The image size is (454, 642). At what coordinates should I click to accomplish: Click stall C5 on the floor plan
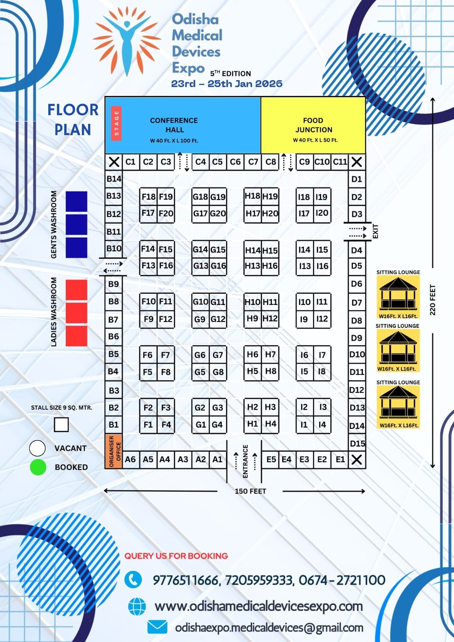pos(217,162)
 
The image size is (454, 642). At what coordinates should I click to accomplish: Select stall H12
pos(270,319)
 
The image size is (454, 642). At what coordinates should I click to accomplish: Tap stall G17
pos(200,213)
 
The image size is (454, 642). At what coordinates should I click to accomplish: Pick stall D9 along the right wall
pos(356,338)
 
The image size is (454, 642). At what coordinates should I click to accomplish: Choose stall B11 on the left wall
pos(114,232)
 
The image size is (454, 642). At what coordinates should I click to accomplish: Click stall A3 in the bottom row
pos(183,459)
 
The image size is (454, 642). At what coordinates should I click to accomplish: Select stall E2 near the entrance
pos(322,459)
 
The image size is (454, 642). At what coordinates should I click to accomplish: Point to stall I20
pos(322,213)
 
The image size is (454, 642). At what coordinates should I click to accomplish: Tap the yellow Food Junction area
pos(313,125)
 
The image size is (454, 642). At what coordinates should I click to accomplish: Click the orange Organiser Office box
pos(114,451)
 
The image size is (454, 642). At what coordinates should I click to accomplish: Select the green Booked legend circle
pos(38,467)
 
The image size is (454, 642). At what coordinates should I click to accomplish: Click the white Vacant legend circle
pos(37,448)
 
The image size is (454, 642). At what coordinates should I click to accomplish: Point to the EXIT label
pos(376,232)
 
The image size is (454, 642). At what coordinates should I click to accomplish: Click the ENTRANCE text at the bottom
pos(245,461)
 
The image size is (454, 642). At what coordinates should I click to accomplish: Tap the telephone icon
pos(133,579)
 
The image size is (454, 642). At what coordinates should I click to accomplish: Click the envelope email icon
pos(157,627)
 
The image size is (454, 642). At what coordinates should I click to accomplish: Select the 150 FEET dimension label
pos(250,491)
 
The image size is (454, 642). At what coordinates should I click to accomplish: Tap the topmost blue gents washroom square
pos(76,201)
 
